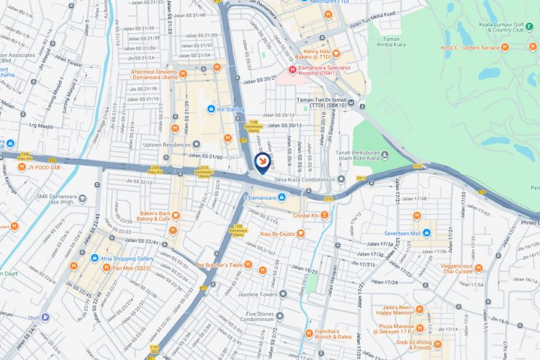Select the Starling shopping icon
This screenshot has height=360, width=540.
210,109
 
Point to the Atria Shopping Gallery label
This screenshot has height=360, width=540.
128,258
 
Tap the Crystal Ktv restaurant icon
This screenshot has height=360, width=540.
325,215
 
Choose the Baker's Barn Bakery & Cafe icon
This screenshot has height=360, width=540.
175,215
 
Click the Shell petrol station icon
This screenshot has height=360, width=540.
45,317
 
